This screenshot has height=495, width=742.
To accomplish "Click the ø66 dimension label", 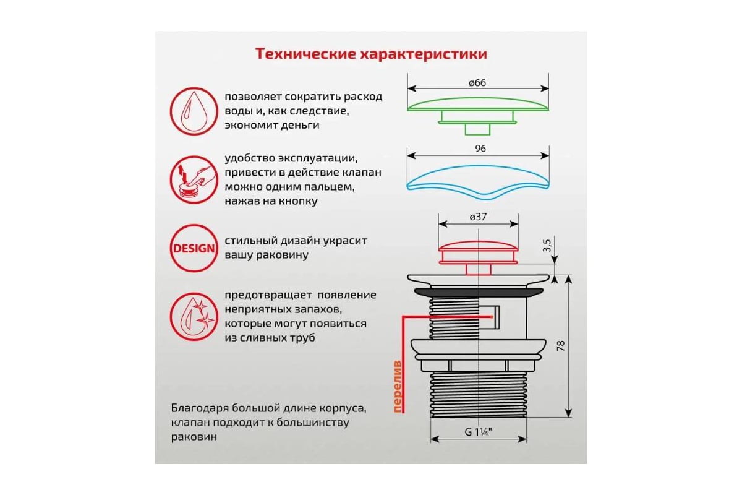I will click(x=477, y=84).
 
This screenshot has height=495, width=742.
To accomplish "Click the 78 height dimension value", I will click(x=560, y=346).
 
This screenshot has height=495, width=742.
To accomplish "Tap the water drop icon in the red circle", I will click(x=193, y=111).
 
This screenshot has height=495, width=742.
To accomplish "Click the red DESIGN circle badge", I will click(x=193, y=249).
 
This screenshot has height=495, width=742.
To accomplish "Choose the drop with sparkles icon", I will click(x=193, y=317).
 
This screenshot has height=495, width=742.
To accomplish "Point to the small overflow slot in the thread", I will click(x=495, y=317).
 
